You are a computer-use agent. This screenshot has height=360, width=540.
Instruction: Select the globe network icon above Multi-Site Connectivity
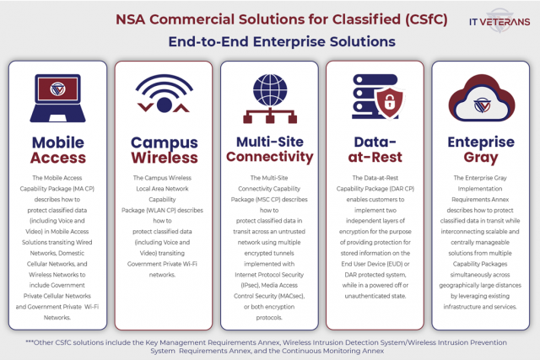[270, 94]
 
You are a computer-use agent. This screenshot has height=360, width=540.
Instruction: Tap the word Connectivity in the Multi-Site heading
[270, 157]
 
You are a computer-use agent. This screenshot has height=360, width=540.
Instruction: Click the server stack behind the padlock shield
[365, 94]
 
